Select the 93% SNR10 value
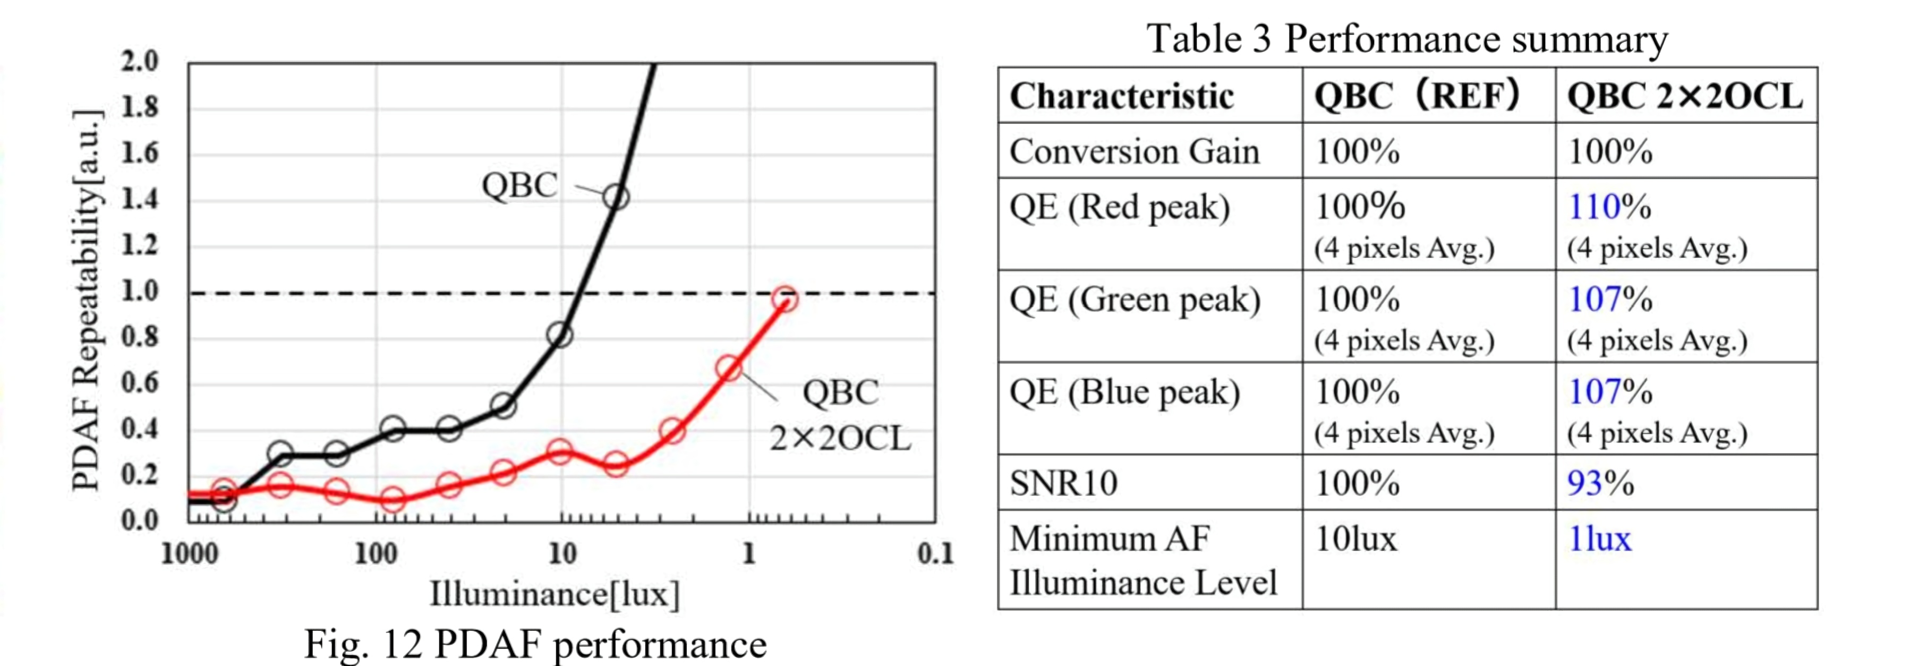(x=1600, y=483)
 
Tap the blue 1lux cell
(x=1599, y=539)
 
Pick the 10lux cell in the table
(x=1355, y=539)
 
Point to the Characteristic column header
(x=1121, y=97)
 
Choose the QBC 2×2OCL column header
(x=1685, y=97)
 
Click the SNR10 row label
(x=1063, y=483)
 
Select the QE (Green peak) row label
(x=1135, y=300)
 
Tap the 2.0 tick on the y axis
(x=139, y=61)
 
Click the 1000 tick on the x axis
(x=189, y=553)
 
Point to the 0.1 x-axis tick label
(x=935, y=553)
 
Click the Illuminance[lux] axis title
(x=554, y=594)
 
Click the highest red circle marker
(x=785, y=300)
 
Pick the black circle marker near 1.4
(x=616, y=197)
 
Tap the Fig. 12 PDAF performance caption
(x=535, y=643)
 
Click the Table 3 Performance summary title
(x=1406, y=39)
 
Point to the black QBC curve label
(x=519, y=185)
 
